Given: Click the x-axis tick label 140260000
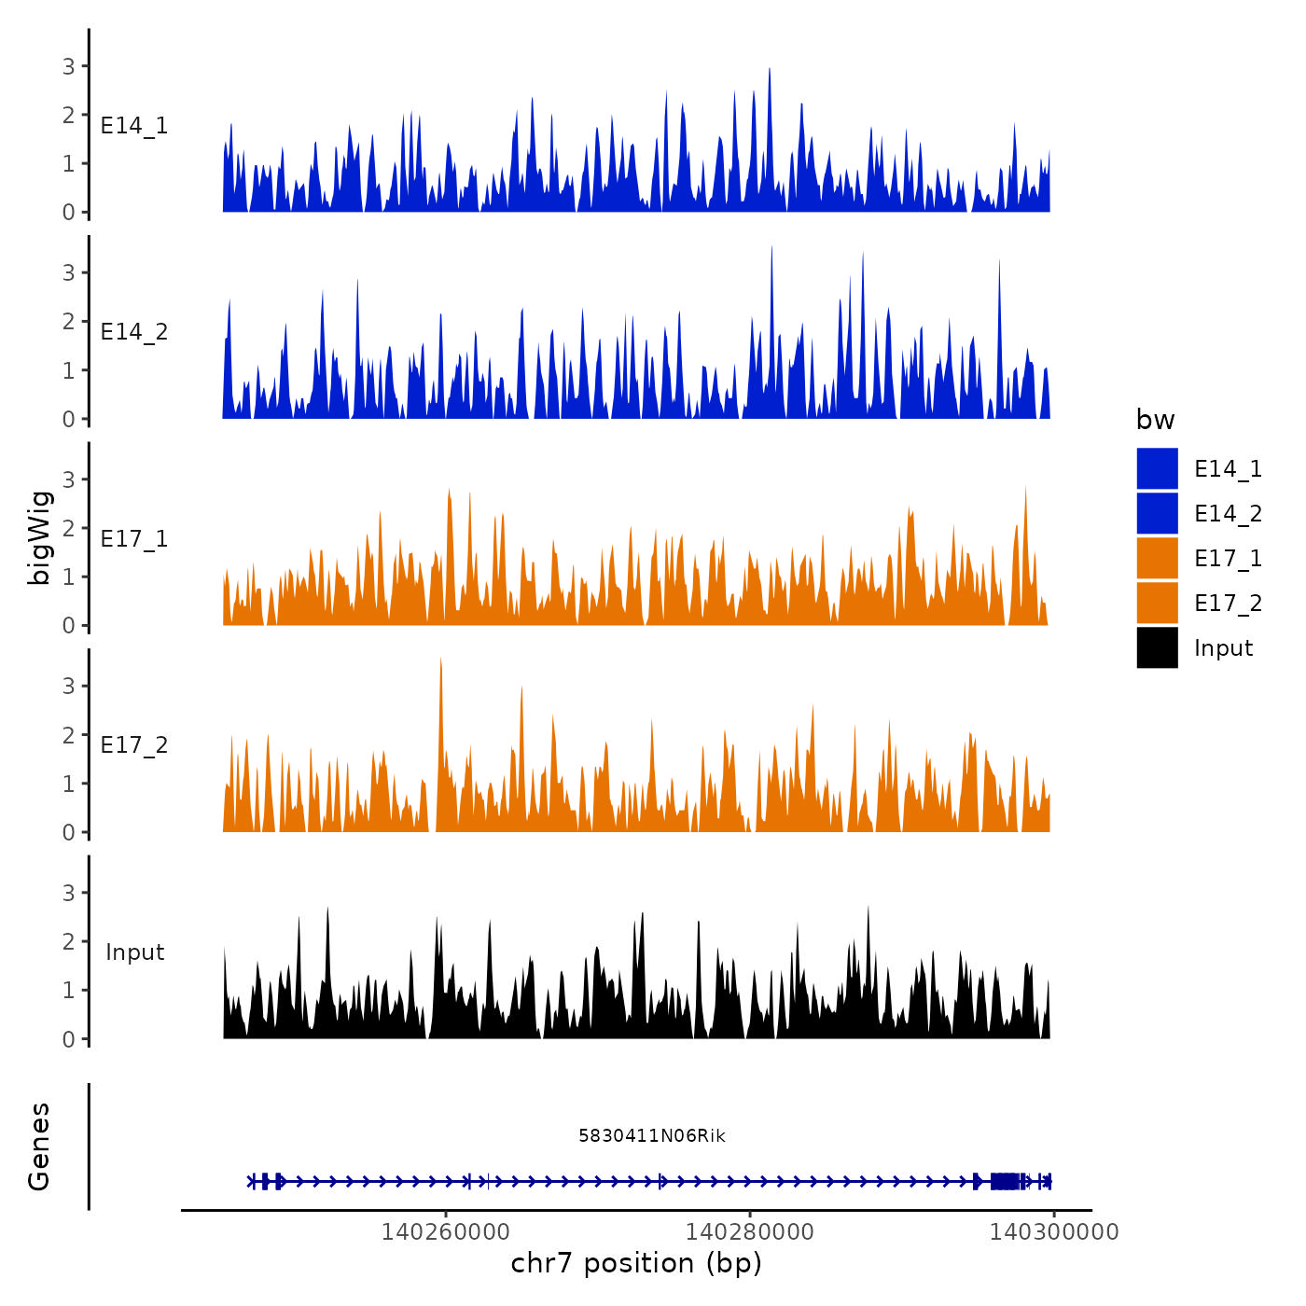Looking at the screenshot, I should click(x=445, y=1231).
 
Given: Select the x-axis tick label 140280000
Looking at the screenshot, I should click(x=749, y=1231).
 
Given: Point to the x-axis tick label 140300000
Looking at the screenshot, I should click(x=1053, y=1231).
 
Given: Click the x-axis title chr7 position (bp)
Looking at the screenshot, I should click(x=636, y=1263).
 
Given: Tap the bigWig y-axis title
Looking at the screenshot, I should click(x=40, y=536).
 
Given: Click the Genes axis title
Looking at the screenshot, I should click(x=39, y=1146).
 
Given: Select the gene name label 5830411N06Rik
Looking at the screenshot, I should click(x=651, y=1135).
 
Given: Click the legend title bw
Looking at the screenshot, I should click(x=1155, y=420).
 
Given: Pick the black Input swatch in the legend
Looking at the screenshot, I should click(x=1157, y=647).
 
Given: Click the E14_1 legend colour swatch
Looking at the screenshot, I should click(x=1157, y=468).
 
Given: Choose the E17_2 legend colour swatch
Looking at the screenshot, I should click(x=1157, y=603).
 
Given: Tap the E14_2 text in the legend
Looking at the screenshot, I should click(x=1228, y=514).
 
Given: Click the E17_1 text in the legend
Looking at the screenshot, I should click(x=1228, y=559).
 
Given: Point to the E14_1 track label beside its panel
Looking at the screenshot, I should click(x=134, y=126).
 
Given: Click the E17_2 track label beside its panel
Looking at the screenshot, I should click(x=134, y=745).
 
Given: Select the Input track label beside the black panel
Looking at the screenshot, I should click(x=134, y=952).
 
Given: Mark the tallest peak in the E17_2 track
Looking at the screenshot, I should click(x=440, y=660).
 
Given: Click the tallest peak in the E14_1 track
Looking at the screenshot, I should click(x=769, y=70).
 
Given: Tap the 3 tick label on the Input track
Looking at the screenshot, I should click(x=68, y=893).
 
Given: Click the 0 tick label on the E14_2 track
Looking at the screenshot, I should click(x=68, y=419).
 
